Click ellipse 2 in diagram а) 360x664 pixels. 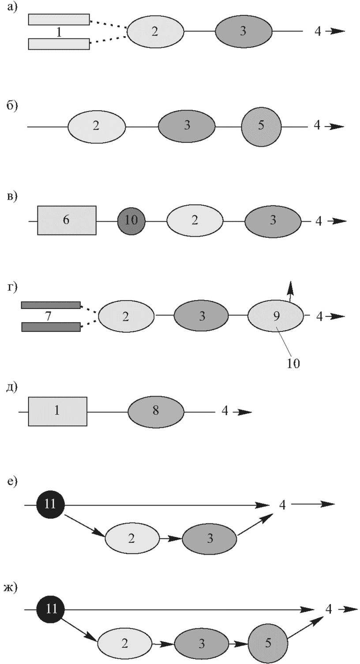point(155,31)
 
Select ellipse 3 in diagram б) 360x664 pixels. point(187,126)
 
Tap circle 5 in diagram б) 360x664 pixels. point(261,127)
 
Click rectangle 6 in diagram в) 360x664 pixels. point(67,220)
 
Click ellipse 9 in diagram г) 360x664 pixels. point(276,316)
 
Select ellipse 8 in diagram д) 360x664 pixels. point(156,412)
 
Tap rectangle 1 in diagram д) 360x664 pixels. point(57,411)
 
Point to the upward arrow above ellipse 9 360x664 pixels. point(290,291)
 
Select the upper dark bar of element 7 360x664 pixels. point(51,305)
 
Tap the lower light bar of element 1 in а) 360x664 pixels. point(59,44)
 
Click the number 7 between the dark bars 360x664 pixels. point(48,316)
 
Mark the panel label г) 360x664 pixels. point(12,287)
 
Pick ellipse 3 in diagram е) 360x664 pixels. point(209,538)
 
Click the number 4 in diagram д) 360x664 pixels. point(225,411)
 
